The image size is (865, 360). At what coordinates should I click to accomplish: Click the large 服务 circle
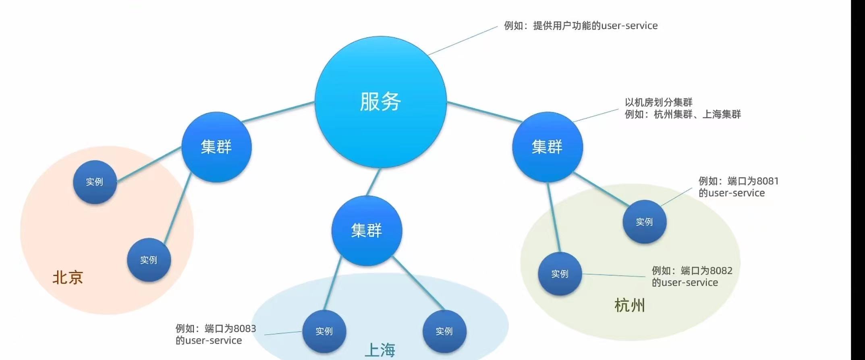[380, 101]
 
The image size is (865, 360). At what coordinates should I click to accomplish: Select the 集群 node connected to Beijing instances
[216, 147]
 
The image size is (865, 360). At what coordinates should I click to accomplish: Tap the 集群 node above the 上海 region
[367, 231]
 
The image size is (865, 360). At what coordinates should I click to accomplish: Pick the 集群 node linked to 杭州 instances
[547, 147]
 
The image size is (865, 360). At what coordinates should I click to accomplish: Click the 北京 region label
[68, 277]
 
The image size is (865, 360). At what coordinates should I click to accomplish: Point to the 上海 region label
[380, 350]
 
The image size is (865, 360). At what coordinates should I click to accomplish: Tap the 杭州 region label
[629, 305]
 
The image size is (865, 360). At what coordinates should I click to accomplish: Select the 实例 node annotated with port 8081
[644, 222]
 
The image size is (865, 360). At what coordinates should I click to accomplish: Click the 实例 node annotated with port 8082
[560, 274]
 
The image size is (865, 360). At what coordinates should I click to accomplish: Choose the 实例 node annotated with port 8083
[324, 331]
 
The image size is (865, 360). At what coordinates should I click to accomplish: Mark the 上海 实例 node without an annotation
[444, 331]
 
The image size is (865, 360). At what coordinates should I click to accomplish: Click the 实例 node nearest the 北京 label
[149, 260]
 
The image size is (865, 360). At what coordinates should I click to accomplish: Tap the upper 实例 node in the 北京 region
[95, 182]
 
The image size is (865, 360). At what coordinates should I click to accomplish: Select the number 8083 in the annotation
[245, 329]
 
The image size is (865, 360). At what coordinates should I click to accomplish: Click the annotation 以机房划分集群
[658, 102]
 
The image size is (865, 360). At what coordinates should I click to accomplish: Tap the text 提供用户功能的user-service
[595, 26]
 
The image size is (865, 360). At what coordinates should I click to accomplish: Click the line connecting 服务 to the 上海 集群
[373, 182]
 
